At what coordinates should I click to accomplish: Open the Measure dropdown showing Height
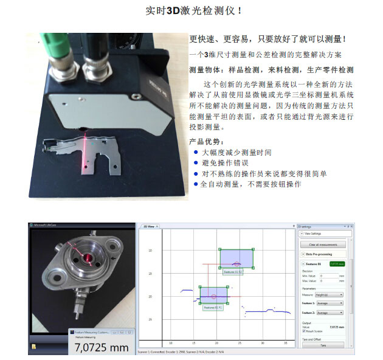point(329,294)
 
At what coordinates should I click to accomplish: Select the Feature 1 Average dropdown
point(329,303)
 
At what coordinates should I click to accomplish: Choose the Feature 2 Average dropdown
point(329,313)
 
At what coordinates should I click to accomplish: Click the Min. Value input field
point(328,276)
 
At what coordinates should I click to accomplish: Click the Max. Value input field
point(328,281)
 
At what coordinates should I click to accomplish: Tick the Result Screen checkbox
point(303,331)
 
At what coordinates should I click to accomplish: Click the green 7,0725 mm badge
point(337,264)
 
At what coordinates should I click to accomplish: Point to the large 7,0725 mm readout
point(102,347)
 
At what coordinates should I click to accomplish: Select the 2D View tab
point(149,226)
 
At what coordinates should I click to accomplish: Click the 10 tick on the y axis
point(150,251)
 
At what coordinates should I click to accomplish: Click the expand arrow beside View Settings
point(301,234)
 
